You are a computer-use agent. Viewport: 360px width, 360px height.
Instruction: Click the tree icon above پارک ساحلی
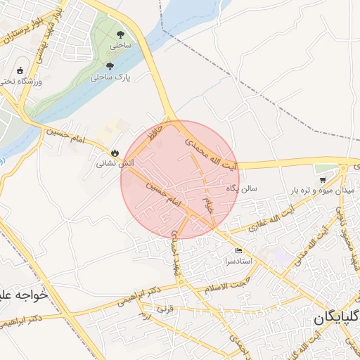[109, 65]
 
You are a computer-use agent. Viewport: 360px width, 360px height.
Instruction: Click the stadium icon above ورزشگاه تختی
[20, 70]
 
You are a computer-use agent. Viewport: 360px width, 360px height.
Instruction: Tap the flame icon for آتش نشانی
[115, 153]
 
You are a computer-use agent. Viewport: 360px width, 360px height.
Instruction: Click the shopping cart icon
[322, 181]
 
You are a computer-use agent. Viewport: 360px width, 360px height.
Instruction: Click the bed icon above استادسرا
[238, 250]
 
